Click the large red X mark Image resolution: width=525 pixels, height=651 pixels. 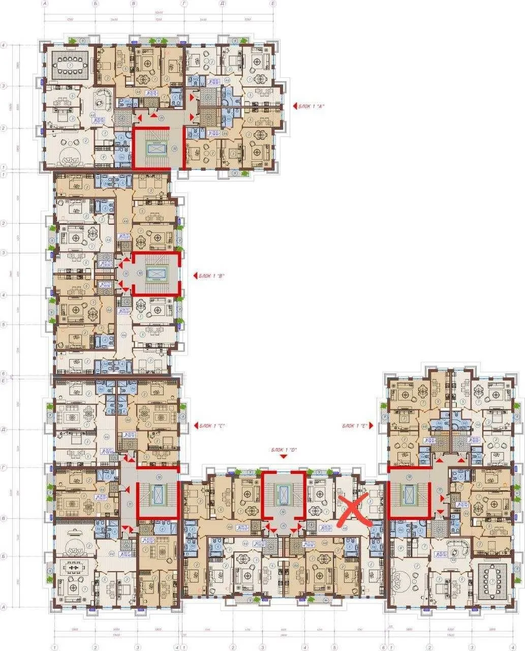pyautogui.click(x=355, y=510)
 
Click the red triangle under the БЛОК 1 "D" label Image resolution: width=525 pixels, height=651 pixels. pyautogui.click(x=284, y=457)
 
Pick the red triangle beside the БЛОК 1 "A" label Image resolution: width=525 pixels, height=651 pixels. pyautogui.click(x=295, y=105)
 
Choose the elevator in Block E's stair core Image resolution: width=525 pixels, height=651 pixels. pyautogui.click(x=409, y=492)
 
